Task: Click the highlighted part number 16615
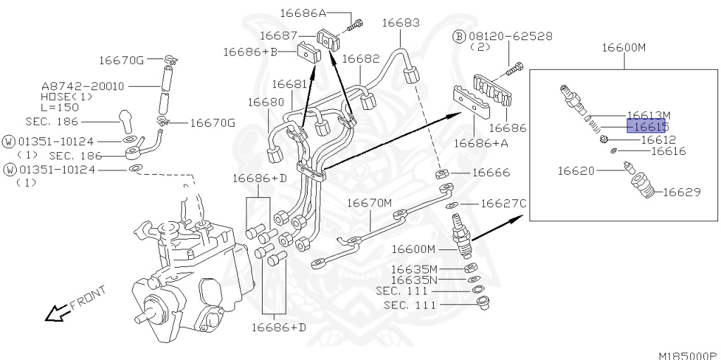(646, 127)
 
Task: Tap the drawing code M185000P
(687, 354)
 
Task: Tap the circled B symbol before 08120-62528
(458, 35)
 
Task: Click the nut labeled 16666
(441, 173)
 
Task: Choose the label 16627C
(503, 204)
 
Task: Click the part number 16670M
(370, 203)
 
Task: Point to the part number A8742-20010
(83, 86)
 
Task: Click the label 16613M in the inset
(648, 114)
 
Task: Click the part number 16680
(265, 102)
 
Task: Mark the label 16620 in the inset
(577, 170)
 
